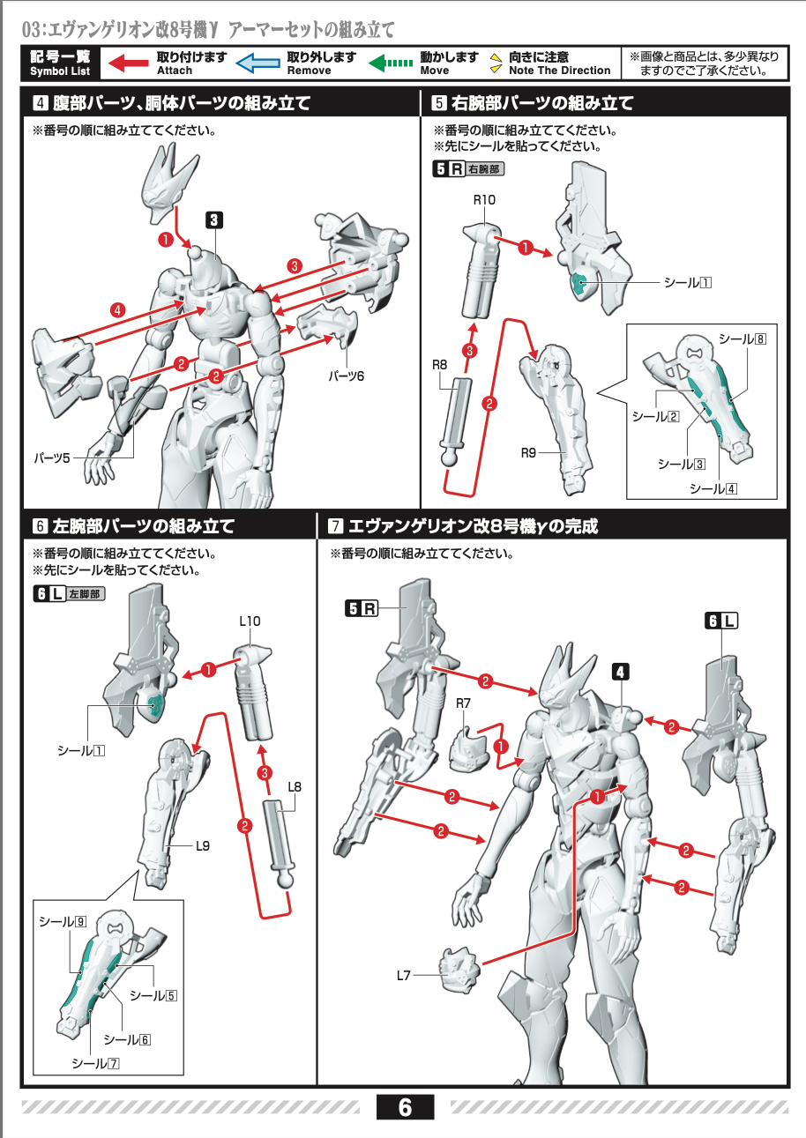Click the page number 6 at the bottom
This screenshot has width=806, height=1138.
pyautogui.click(x=405, y=1107)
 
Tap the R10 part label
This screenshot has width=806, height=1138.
pyautogui.click(x=484, y=200)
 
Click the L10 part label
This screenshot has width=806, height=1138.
pyautogui.click(x=250, y=621)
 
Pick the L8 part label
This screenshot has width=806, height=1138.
pyautogui.click(x=295, y=786)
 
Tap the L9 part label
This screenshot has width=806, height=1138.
pyautogui.click(x=203, y=846)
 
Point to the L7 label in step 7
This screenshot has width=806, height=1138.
pyautogui.click(x=404, y=975)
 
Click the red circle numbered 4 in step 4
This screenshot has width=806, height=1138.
pyautogui.click(x=117, y=309)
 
